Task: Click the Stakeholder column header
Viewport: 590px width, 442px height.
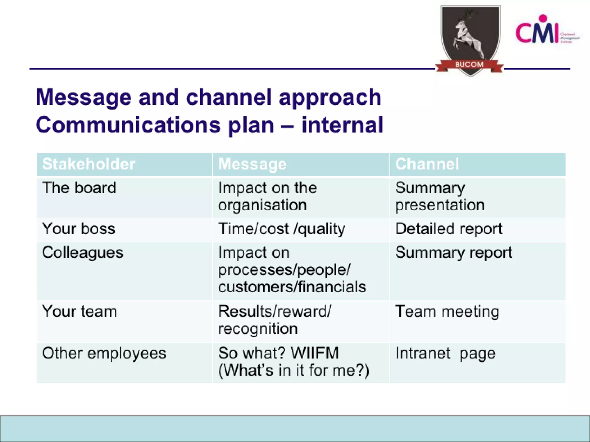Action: click(88, 164)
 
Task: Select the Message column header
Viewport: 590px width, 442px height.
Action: click(252, 164)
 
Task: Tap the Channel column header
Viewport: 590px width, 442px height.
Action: click(427, 164)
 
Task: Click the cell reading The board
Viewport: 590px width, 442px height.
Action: click(79, 188)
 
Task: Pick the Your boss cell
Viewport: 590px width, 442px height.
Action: click(78, 229)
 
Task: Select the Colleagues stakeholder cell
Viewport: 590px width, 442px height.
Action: click(83, 253)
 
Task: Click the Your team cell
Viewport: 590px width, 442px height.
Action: click(80, 311)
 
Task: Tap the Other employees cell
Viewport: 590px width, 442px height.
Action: click(104, 353)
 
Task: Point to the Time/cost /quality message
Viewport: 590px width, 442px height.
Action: click(281, 229)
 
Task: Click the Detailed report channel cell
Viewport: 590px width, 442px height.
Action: click(449, 229)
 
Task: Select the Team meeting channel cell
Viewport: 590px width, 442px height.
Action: click(447, 312)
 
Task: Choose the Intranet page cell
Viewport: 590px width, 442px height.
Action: click(445, 353)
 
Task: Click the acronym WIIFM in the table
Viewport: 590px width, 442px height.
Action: click(315, 353)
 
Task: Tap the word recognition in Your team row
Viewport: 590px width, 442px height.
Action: click(258, 329)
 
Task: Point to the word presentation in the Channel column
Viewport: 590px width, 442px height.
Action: click(440, 205)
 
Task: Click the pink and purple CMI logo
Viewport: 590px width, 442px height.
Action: click(538, 32)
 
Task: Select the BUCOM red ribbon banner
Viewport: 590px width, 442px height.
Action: click(469, 65)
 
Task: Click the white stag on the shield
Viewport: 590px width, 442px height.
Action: click(466, 35)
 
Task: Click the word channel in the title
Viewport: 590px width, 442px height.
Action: click(229, 97)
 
